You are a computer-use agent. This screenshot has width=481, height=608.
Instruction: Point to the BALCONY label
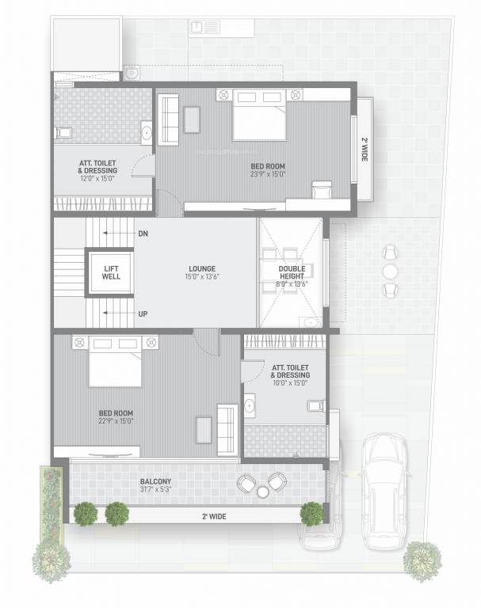pyautogui.click(x=155, y=481)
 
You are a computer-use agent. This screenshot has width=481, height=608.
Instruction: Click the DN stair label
pyautogui.click(x=143, y=234)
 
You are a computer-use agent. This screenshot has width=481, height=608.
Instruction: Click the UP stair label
pyautogui.click(x=143, y=314)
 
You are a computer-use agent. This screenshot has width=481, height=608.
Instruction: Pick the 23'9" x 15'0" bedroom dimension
pyautogui.click(x=267, y=174)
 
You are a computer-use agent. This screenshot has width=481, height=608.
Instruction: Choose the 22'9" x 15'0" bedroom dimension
pyautogui.click(x=115, y=421)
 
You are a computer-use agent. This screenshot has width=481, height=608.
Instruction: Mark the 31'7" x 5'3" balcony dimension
pyautogui.click(x=155, y=490)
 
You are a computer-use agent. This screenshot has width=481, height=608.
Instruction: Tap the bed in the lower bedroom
pyautogui.click(x=115, y=362)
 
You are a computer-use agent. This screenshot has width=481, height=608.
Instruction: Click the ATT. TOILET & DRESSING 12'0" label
pyautogui.click(x=98, y=170)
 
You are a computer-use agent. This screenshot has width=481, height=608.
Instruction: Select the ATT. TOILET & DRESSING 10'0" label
pyautogui.click(x=289, y=375)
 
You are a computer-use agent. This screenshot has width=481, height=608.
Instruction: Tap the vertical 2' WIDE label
pyautogui.click(x=365, y=149)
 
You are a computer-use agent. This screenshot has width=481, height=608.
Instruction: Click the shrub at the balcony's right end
pyautogui.click(x=311, y=513)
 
